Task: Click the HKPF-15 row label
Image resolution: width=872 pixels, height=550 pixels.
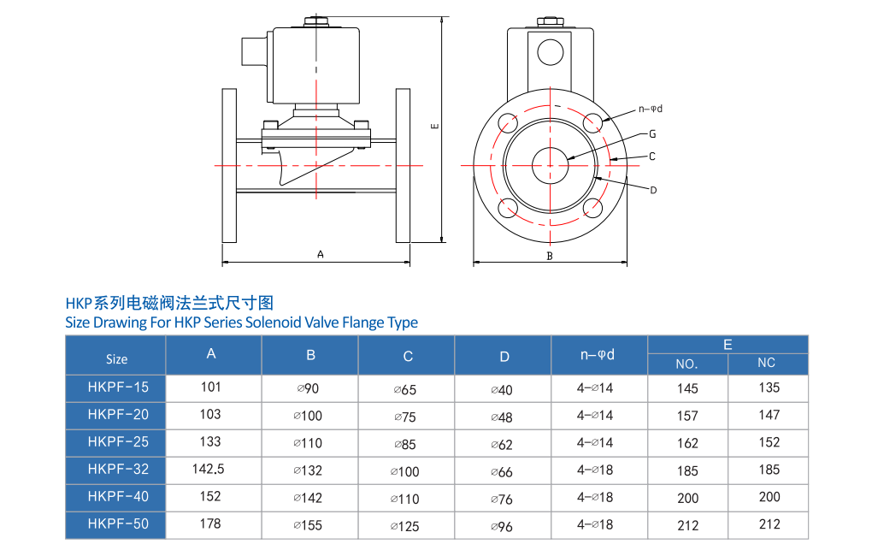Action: click(117, 387)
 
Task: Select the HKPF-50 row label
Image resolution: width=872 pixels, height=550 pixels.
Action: click(117, 523)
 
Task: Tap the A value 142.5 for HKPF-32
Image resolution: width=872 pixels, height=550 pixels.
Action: click(211, 469)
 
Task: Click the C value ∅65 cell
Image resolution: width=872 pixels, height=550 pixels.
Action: click(405, 390)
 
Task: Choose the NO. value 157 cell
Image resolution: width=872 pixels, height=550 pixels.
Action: click(687, 416)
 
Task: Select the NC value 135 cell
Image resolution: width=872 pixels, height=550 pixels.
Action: click(769, 387)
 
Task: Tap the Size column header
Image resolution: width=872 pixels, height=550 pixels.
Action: click(117, 358)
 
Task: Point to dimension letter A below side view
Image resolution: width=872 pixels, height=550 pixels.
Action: click(321, 254)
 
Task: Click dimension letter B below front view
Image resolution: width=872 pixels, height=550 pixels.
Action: click(550, 255)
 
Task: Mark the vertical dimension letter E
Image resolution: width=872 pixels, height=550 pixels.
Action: click(434, 127)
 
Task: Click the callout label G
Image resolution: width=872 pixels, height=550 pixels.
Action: click(652, 134)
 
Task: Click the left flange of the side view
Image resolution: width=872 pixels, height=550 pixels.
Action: click(229, 165)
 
